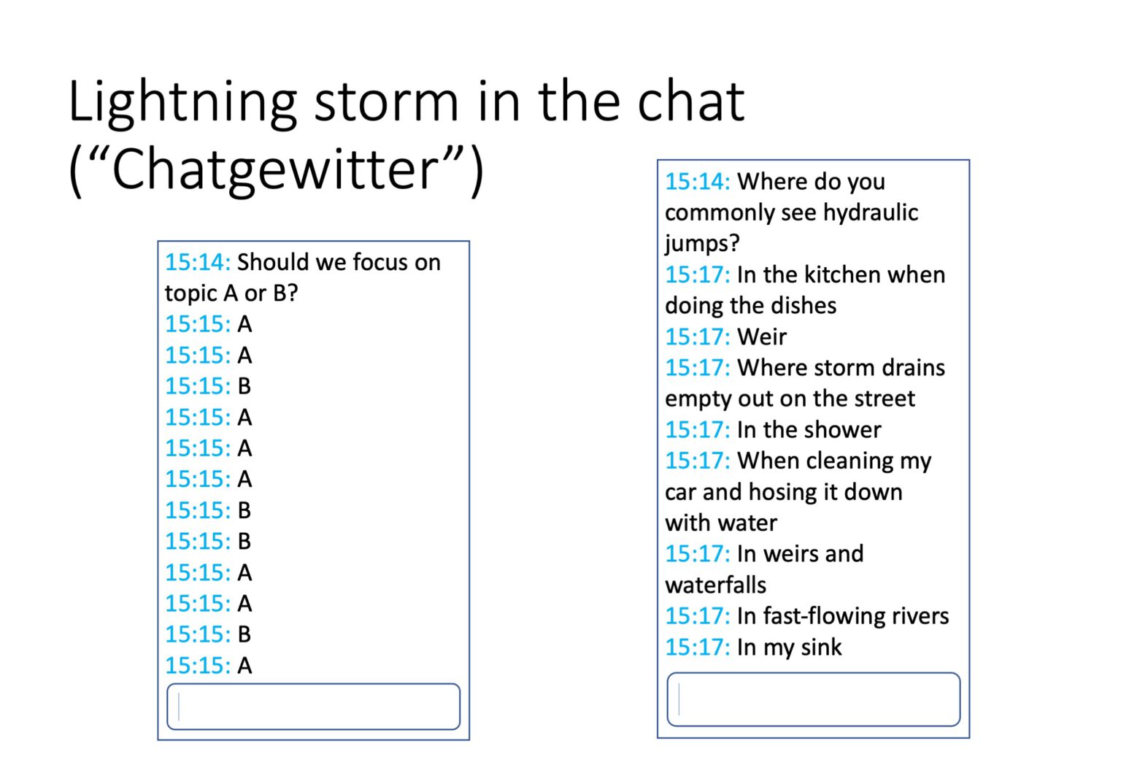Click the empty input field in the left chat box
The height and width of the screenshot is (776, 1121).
point(313,707)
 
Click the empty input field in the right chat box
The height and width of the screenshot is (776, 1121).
point(813,699)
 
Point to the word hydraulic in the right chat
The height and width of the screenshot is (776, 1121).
point(870,212)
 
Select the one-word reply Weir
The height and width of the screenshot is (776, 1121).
point(762,337)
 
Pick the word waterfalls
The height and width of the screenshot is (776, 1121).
point(715,585)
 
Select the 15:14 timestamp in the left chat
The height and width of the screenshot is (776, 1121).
point(198,262)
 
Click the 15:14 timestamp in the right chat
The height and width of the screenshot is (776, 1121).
point(698,182)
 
